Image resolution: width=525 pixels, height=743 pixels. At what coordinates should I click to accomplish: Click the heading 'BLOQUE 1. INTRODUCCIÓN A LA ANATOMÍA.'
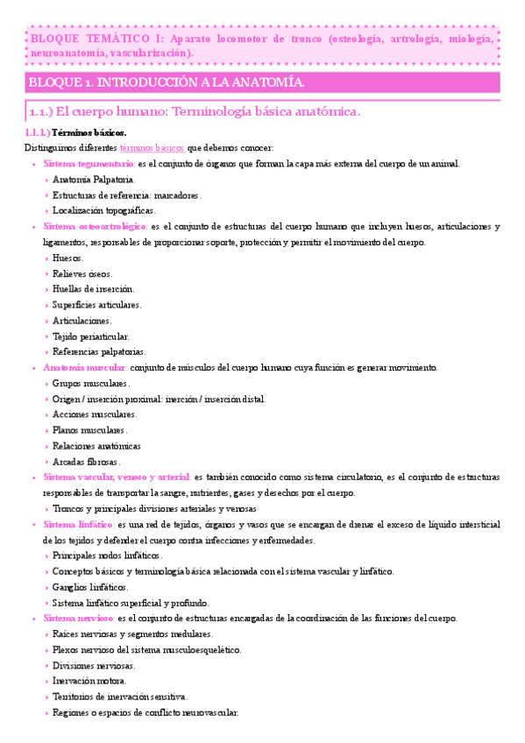point(167,83)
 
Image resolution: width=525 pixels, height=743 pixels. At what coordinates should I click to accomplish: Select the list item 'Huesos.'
point(68,258)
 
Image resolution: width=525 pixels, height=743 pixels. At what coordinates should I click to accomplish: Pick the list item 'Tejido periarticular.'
point(91,336)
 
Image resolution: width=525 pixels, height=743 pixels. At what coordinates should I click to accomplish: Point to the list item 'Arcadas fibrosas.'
point(86,461)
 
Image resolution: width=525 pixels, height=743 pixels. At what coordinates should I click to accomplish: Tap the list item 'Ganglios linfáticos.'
point(89,586)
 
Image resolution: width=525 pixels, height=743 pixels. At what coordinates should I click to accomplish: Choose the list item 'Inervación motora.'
point(89,680)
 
